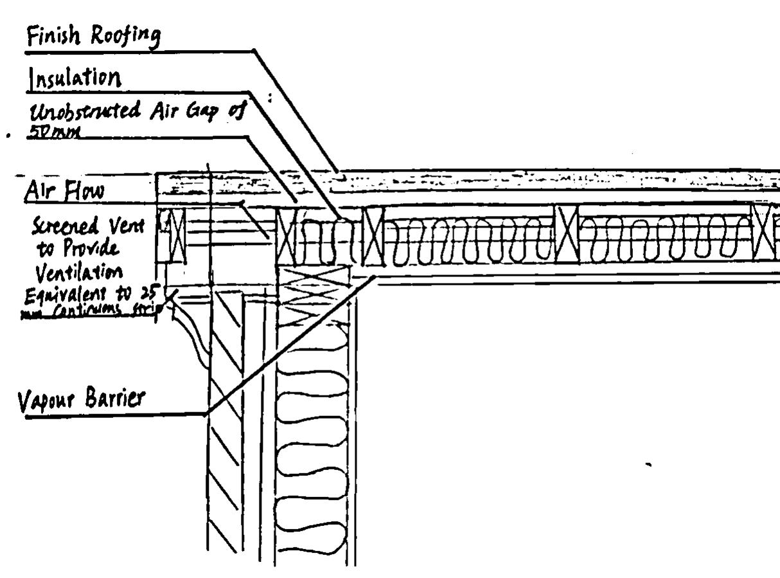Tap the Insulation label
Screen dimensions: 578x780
[73, 79]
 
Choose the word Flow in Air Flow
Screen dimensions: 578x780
[81, 191]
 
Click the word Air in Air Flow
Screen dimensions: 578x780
[39, 190]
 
